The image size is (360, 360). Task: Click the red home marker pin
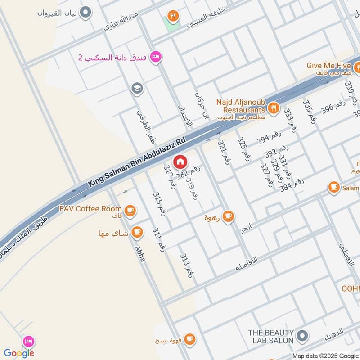click(x=180, y=162)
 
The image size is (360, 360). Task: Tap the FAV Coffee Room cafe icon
click(x=130, y=210)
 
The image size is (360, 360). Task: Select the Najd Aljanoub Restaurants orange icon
click(x=273, y=108)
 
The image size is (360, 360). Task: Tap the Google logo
click(x=19, y=353)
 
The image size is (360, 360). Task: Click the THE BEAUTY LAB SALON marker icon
click(x=303, y=335)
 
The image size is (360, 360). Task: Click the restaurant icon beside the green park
click(x=172, y=17)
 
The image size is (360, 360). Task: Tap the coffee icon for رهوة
click(x=228, y=216)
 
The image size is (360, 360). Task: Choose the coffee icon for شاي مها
click(x=137, y=233)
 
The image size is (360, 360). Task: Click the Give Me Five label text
click(x=328, y=66)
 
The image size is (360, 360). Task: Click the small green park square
click(x=171, y=25)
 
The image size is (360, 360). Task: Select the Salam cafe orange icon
click(x=333, y=187)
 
